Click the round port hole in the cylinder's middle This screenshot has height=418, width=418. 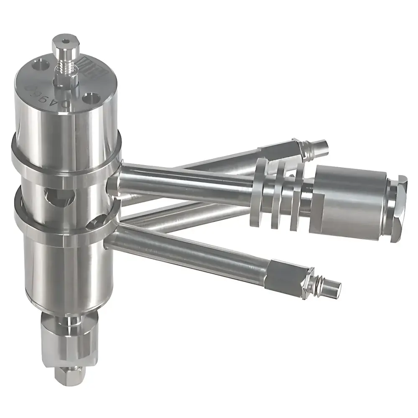coord(59,197)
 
